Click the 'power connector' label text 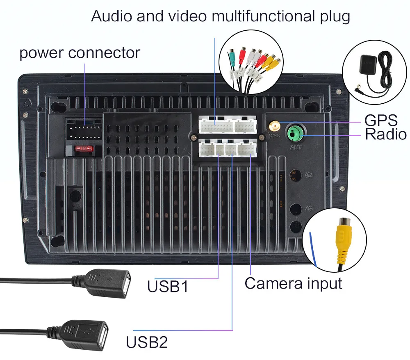pyautogui.click(x=80, y=53)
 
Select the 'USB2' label pyautogui.click(x=146, y=342)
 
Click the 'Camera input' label pyautogui.click(x=293, y=283)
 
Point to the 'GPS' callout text pyautogui.click(x=381, y=121)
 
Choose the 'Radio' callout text pyautogui.click(x=385, y=134)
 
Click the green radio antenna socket pyautogui.click(x=294, y=132)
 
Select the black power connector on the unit pyautogui.click(x=84, y=132)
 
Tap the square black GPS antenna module pyautogui.click(x=367, y=66)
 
